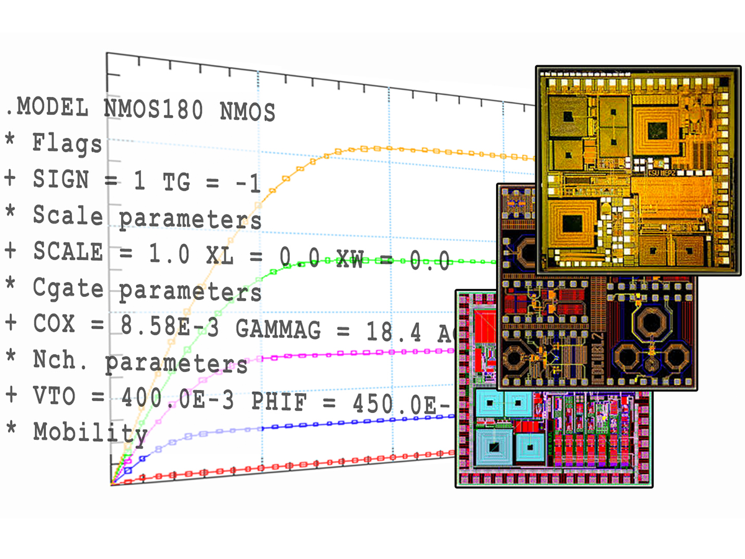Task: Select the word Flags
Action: pos(67,145)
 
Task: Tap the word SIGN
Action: pos(68,181)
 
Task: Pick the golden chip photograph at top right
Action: pos(638,170)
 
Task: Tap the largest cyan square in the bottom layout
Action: pos(495,447)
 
